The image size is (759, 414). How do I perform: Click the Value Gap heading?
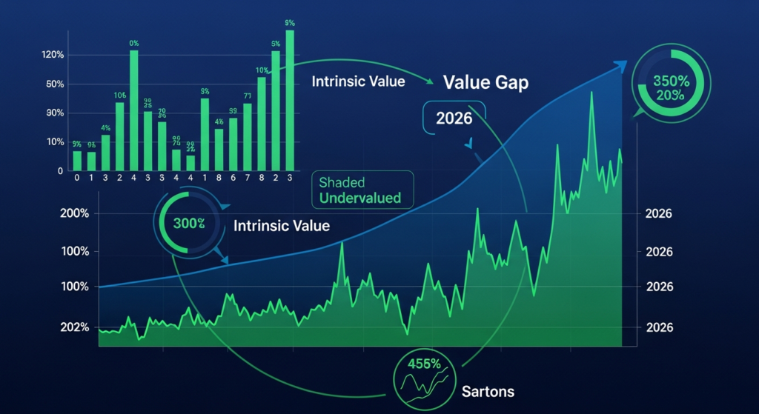485,83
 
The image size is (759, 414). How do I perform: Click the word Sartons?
488,390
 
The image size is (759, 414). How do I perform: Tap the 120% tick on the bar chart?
53,56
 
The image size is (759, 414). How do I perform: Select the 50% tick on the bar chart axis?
55,84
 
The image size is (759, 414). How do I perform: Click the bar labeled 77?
247,136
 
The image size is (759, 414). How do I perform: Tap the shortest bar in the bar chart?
190,162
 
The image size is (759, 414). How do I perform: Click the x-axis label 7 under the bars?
248,178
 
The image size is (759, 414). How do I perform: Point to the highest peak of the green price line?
591,93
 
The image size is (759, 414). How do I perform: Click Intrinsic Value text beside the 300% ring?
281,224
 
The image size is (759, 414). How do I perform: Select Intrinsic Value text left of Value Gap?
357,81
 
